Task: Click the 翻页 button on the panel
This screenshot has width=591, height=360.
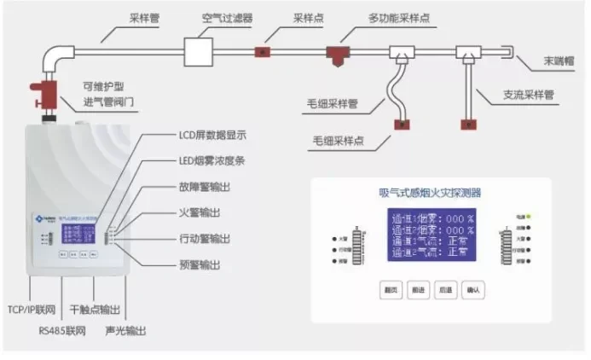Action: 391,290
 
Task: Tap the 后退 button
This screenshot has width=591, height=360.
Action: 444,290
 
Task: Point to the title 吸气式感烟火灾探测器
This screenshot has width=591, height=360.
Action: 431,193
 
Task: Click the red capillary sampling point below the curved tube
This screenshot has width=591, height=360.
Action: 401,126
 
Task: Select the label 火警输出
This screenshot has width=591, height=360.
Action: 200,212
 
